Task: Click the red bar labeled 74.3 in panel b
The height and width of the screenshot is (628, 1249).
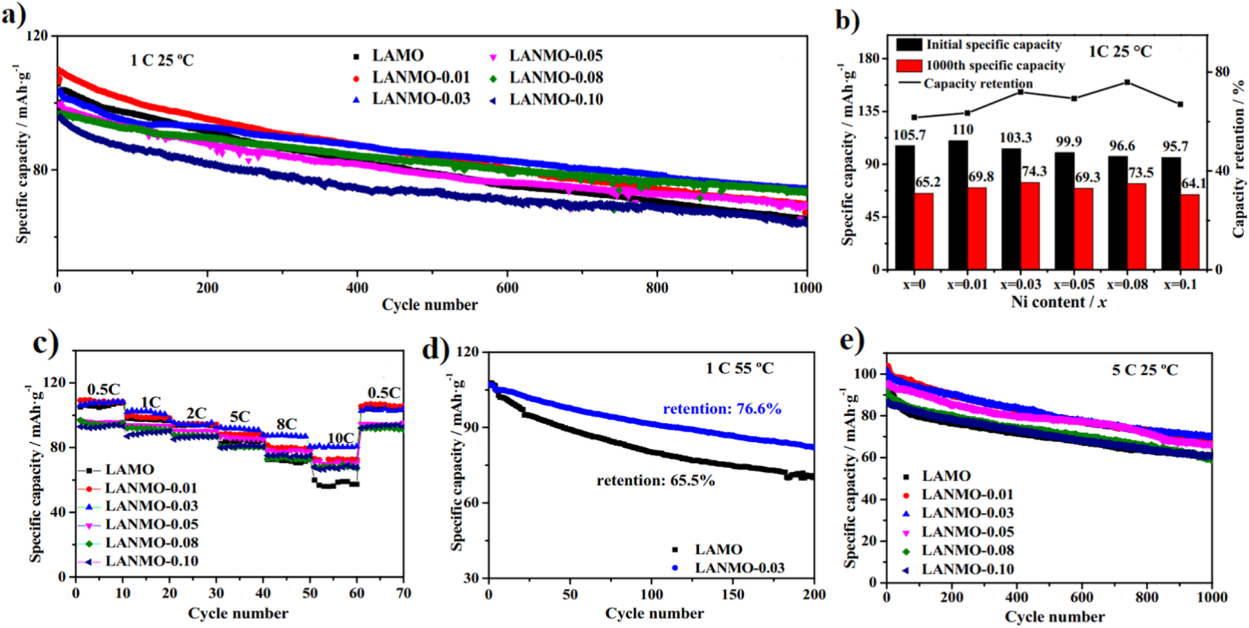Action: tap(1030, 226)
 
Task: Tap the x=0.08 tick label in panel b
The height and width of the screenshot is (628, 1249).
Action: tap(1127, 284)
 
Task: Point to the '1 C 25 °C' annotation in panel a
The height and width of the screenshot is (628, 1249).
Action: tap(162, 60)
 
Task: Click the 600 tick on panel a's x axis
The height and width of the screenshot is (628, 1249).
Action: tap(507, 288)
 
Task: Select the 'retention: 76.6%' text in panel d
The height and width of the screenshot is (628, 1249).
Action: tap(722, 409)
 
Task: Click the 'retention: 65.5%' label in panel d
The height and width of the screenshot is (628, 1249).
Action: tap(656, 481)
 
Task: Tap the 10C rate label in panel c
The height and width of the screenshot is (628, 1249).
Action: tap(340, 438)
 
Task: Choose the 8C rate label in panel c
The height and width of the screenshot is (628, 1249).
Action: tap(286, 424)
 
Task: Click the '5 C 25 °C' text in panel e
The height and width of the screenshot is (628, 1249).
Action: tap(1145, 370)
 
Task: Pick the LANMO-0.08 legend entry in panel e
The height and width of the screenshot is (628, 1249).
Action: tap(967, 550)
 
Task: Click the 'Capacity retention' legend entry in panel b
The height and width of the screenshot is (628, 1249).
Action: tap(977, 84)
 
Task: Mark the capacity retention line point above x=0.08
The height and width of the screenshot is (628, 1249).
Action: tap(1127, 82)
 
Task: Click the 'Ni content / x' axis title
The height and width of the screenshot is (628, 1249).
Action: tap(1058, 302)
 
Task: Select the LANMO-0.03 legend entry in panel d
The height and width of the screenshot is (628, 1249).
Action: tap(739, 568)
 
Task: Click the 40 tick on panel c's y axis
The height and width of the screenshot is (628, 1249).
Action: tap(58, 512)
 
